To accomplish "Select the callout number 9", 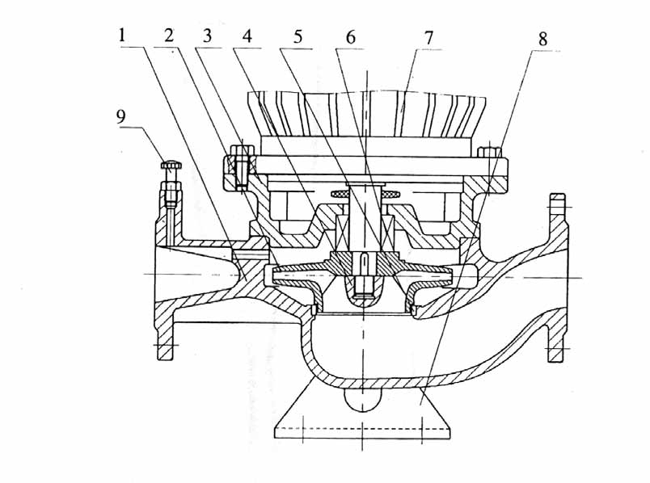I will (122, 115).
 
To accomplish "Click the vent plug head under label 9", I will (171, 166).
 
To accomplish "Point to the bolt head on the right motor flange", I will (489, 151).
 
